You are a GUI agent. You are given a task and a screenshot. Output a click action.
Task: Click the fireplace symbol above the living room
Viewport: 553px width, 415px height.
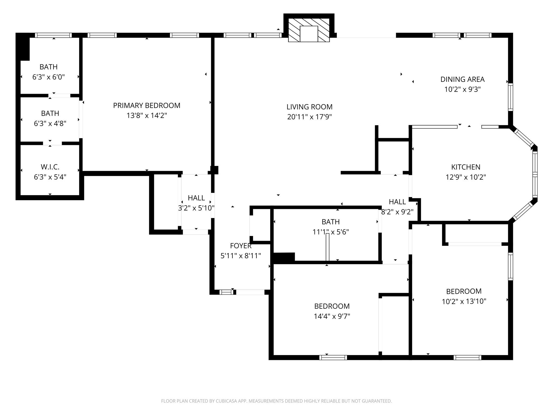[x=309, y=30]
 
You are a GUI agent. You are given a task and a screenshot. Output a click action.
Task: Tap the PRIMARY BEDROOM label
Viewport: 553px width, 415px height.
[x=147, y=105]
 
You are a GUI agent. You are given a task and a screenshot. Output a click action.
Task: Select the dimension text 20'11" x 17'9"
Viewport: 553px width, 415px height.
[x=309, y=117]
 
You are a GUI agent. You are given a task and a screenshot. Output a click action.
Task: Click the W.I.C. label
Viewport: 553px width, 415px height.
[x=50, y=167]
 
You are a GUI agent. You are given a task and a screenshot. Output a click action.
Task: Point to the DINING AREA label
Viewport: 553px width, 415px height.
[x=463, y=79]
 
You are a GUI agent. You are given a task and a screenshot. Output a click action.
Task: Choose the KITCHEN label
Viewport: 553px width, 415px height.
[x=466, y=167]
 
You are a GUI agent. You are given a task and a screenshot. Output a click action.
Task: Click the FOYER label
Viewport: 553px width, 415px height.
[x=241, y=246]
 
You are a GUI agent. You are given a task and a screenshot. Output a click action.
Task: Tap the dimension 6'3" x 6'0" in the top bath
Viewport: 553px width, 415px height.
[x=49, y=77]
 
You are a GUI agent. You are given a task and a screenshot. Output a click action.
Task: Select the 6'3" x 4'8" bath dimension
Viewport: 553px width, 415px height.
[x=50, y=123]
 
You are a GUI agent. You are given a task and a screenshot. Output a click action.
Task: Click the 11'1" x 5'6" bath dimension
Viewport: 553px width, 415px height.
[x=331, y=232]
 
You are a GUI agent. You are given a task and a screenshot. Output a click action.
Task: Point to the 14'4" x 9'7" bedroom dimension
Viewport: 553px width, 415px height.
[x=332, y=316]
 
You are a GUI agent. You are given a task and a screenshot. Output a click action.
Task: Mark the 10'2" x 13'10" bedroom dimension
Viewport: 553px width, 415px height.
[x=464, y=301]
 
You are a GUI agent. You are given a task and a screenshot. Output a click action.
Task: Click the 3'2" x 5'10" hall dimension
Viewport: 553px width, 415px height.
[x=196, y=208]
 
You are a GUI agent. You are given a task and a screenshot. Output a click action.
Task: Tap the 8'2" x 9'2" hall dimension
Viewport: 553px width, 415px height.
[x=397, y=212]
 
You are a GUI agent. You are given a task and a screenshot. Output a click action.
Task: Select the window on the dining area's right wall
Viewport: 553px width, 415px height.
[x=510, y=97]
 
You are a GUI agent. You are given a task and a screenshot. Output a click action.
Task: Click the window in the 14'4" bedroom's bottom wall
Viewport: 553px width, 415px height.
[x=333, y=357]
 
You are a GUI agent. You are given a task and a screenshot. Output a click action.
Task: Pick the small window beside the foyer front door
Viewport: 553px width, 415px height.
[x=226, y=292]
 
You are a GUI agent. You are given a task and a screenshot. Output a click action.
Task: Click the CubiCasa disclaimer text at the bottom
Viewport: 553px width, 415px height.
[x=276, y=401]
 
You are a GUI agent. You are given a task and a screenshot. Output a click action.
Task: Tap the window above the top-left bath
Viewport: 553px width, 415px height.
[x=53, y=35]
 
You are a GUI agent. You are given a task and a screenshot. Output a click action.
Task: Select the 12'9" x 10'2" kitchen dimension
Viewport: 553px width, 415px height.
[x=466, y=177]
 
